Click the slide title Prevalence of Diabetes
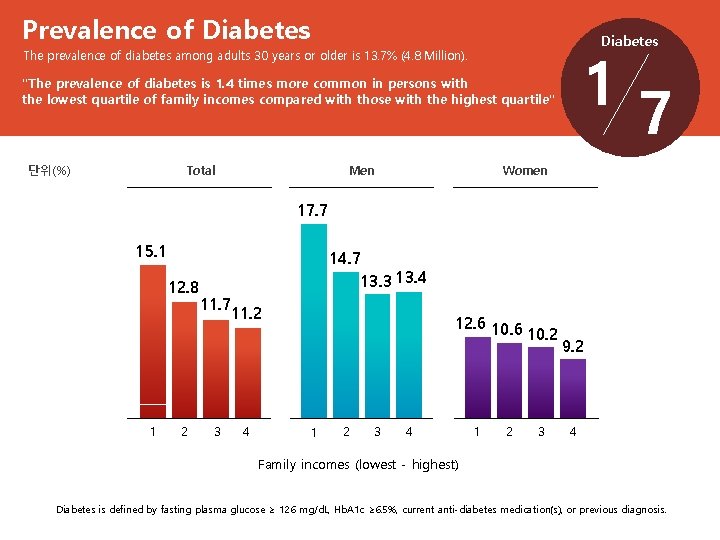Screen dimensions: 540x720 click(x=166, y=31)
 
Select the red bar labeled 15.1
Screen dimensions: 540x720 click(x=153, y=340)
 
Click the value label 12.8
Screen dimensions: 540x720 click(x=184, y=288)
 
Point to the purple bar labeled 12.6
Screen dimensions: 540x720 click(x=478, y=376)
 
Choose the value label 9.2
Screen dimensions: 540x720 click(x=574, y=347)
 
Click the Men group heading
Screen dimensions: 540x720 click(x=362, y=170)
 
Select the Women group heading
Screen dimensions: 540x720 click(x=525, y=170)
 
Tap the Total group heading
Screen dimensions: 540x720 click(x=201, y=170)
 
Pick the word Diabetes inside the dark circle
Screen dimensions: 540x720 click(x=629, y=41)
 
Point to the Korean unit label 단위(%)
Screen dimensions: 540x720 click(x=49, y=170)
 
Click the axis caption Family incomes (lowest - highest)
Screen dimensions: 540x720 click(x=358, y=464)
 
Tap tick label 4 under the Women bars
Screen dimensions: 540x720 click(x=572, y=432)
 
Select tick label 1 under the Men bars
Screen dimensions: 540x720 click(x=314, y=432)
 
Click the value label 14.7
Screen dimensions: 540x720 click(x=345, y=259)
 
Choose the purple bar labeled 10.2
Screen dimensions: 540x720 click(x=541, y=381)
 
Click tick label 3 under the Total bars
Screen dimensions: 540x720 click(x=217, y=432)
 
